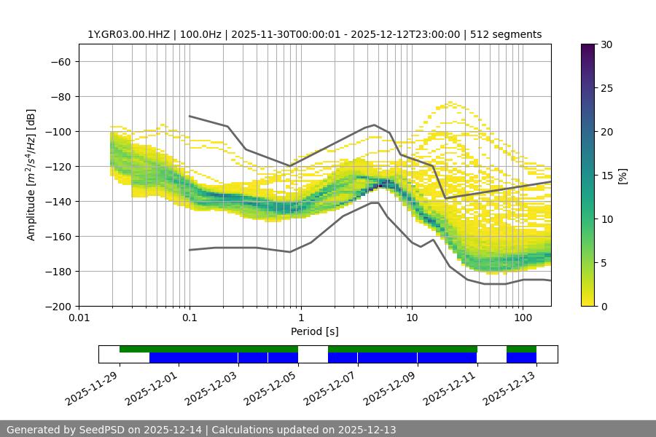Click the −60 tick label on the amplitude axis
click(60, 61)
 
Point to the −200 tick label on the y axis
click(57, 306)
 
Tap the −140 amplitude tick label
click(57, 201)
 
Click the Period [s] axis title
click(314, 331)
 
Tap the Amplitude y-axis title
click(31, 175)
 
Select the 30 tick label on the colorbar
click(606, 44)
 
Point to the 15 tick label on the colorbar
click(606, 176)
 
